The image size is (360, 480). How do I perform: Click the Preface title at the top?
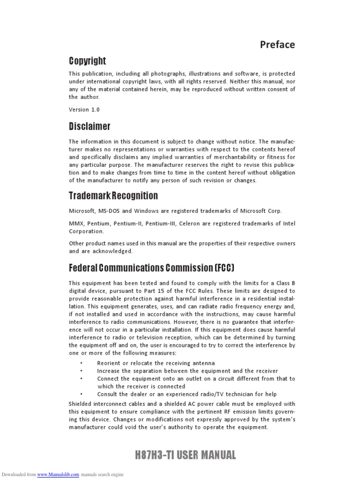click(x=277, y=45)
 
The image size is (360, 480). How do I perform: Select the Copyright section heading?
click(x=87, y=61)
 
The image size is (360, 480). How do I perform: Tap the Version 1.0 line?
click(x=84, y=109)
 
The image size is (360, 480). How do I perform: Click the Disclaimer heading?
click(x=90, y=127)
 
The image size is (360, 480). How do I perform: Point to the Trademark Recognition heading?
click(x=113, y=195)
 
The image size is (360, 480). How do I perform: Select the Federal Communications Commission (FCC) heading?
click(x=151, y=268)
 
